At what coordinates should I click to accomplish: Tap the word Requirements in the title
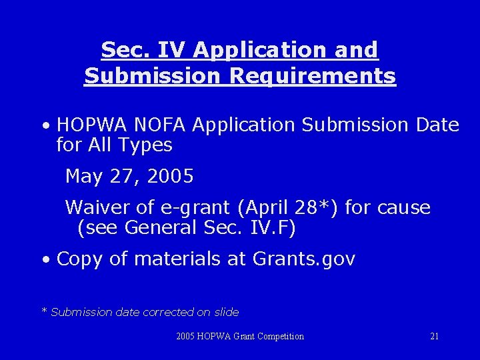click(x=313, y=76)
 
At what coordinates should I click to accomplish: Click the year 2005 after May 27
click(x=170, y=177)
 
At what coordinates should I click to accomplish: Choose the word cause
click(x=403, y=207)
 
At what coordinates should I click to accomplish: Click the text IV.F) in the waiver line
click(x=274, y=228)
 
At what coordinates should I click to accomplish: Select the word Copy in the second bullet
click(x=80, y=259)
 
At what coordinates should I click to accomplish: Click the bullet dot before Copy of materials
click(x=45, y=260)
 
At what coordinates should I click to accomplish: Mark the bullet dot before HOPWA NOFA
click(x=45, y=126)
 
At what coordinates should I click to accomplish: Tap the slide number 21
click(x=434, y=337)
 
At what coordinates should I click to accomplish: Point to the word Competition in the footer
click(x=277, y=337)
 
